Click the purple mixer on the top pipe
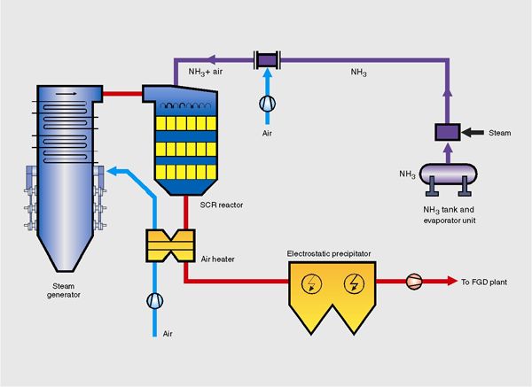pos(266,59)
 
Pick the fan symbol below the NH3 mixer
pos(266,103)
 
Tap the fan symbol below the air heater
pos(155,300)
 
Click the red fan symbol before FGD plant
pos(413,283)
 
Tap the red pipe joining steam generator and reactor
pos(124,91)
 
